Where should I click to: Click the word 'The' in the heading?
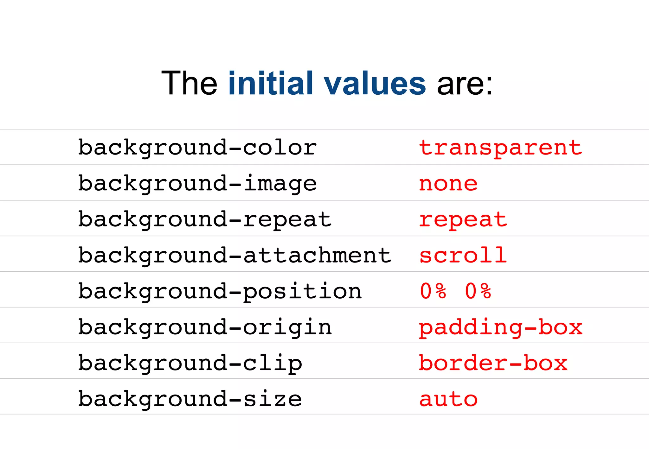point(189,83)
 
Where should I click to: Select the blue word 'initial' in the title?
point(271,83)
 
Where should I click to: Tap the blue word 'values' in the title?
point(374,84)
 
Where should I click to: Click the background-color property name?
point(197,148)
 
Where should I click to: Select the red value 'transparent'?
point(500,148)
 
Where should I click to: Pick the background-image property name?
point(197,184)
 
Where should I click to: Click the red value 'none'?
point(448,184)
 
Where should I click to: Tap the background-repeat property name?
point(205,219)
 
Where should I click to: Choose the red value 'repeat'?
point(463,219)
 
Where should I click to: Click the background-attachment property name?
point(235,255)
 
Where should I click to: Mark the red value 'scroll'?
point(463,255)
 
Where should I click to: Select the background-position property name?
point(220,291)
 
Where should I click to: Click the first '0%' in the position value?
point(433,291)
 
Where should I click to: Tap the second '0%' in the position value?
point(478,291)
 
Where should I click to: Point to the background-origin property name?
point(205,327)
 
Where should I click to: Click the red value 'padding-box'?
point(500,327)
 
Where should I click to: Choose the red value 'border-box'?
point(493,363)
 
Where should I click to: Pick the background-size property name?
point(190,399)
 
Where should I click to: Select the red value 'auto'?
point(448,399)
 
